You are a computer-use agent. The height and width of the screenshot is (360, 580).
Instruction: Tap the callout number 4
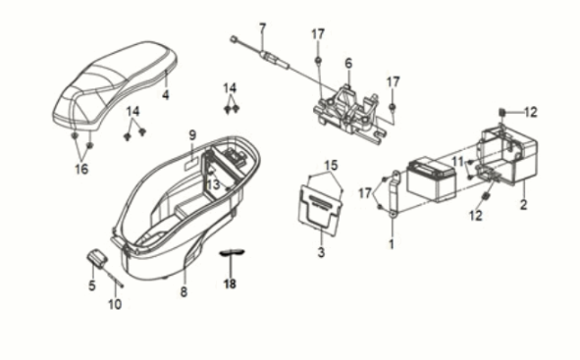166,96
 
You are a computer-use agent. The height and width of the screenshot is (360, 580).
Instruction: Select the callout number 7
262,27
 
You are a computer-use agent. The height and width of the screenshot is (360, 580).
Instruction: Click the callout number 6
347,63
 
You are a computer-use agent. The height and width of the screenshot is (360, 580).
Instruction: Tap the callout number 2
523,205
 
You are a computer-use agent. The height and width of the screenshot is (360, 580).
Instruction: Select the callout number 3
320,253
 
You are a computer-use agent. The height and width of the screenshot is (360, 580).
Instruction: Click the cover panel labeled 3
318,205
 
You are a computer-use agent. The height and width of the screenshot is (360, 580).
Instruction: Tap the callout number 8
183,292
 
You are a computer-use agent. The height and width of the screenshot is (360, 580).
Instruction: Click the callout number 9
193,134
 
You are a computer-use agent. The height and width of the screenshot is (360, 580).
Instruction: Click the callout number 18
230,283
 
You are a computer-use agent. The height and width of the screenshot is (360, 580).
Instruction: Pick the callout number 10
115,304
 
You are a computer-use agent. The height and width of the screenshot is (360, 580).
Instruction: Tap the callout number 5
91,285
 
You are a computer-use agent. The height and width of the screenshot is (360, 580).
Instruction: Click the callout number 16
81,170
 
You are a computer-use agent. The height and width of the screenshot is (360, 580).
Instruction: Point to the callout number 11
457,160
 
